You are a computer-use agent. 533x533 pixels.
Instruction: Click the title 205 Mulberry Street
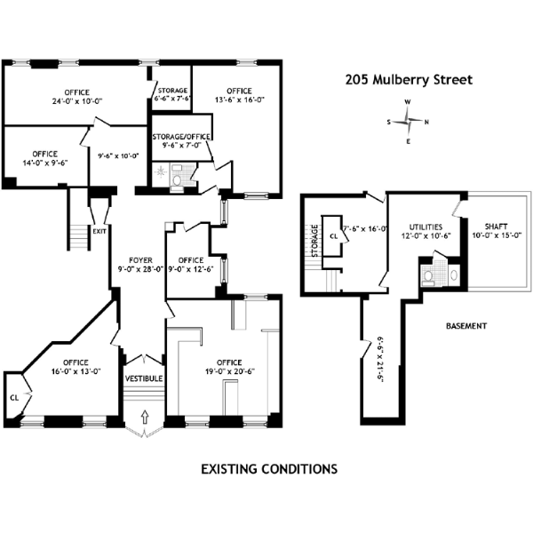tap(409, 79)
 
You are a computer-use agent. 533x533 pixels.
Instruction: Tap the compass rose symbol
tap(407, 122)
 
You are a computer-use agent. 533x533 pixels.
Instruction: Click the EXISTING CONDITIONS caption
tap(268, 467)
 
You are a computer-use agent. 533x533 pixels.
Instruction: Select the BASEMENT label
tap(465, 326)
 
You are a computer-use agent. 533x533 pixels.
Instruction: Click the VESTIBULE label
tap(142, 379)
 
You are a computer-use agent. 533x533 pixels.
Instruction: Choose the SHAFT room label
tap(497, 229)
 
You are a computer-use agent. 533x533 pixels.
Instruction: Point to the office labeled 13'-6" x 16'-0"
tap(238, 95)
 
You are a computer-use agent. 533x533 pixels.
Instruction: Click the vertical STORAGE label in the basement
tap(314, 240)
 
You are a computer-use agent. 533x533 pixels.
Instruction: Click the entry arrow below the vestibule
tap(142, 426)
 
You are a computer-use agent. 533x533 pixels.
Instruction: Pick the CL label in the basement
tap(333, 237)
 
